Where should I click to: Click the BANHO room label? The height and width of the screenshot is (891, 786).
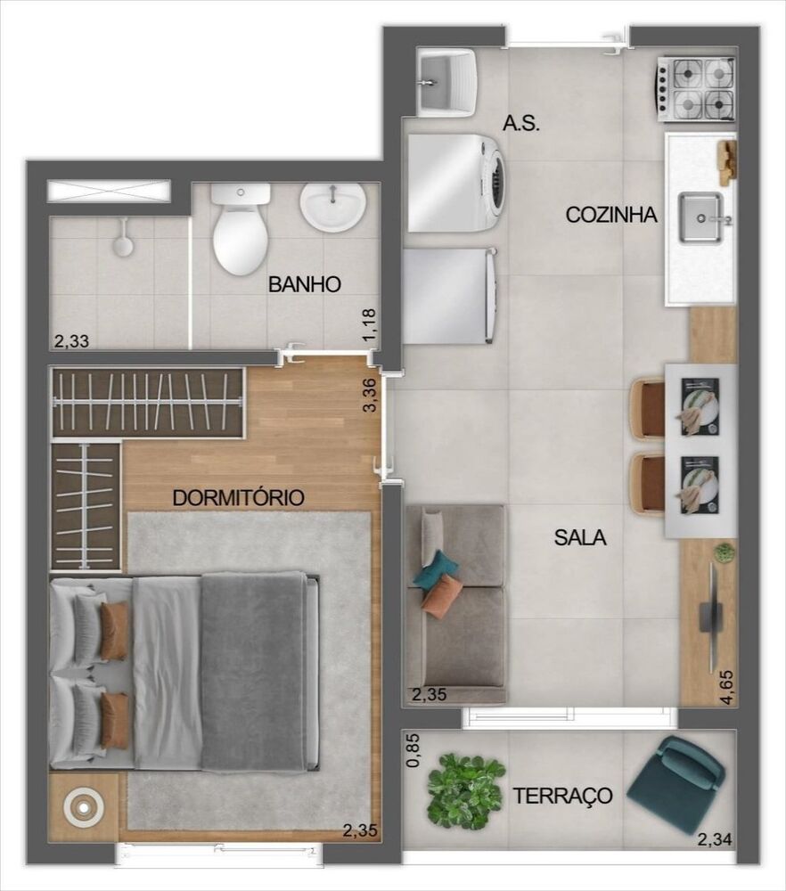click(305, 285)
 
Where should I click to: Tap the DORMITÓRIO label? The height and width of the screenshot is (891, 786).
click(239, 497)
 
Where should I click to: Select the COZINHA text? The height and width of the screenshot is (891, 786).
click(611, 215)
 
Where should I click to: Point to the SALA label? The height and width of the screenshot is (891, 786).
click(580, 537)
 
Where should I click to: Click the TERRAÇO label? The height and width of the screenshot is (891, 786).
click(562, 796)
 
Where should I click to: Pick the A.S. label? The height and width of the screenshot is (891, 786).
click(522, 123)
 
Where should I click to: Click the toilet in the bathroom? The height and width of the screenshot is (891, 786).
click(241, 230)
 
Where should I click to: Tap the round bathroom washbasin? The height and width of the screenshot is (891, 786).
click(332, 206)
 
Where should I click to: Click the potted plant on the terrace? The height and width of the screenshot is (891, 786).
click(465, 790)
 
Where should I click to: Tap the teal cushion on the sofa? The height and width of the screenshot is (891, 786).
click(437, 569)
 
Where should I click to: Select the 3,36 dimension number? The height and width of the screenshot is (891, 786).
click(370, 394)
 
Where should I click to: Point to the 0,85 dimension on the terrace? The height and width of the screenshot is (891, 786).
click(412, 750)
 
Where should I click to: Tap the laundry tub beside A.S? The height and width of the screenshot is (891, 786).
click(445, 82)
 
